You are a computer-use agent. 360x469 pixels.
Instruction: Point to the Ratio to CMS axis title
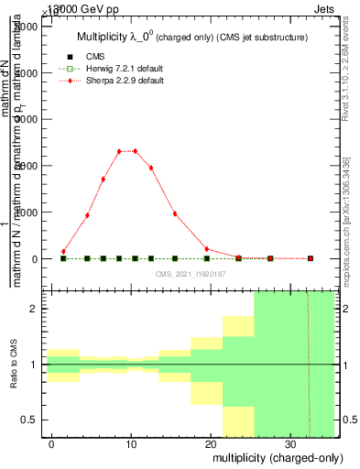tap(14, 365)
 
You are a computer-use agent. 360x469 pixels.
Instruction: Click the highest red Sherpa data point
tap(135, 151)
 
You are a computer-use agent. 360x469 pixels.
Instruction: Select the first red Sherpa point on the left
tap(63, 251)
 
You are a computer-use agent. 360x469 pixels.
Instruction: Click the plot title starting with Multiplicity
tap(191, 38)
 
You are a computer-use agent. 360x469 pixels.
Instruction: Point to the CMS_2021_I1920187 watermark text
tap(190, 274)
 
